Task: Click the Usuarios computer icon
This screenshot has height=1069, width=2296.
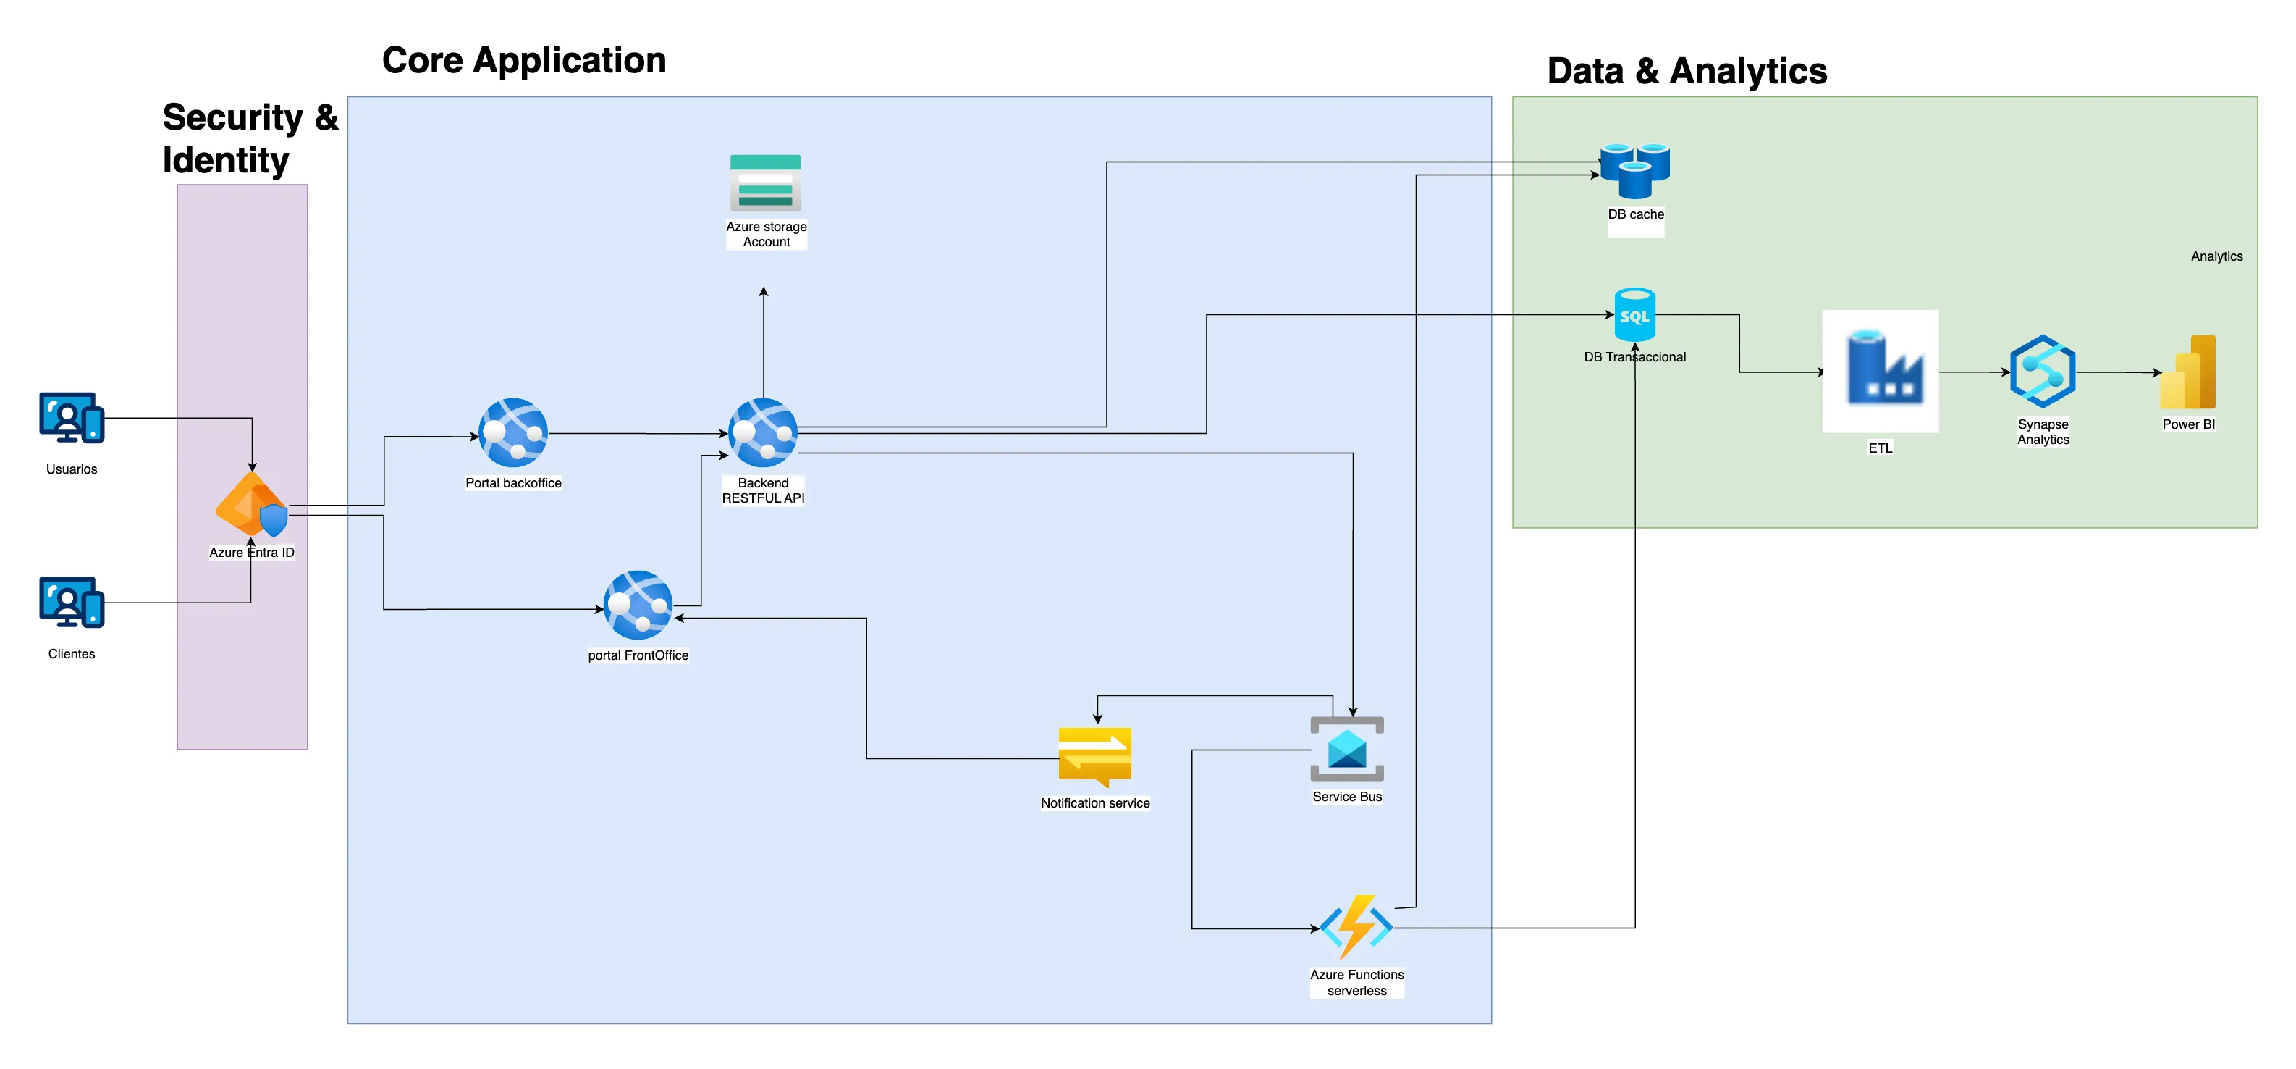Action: tap(72, 417)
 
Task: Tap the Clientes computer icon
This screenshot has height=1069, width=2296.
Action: tap(72, 602)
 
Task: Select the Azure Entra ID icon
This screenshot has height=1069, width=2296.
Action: tap(252, 505)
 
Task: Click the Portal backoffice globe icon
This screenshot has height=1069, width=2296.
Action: tap(512, 432)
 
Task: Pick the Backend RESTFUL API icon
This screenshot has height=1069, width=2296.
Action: tap(763, 432)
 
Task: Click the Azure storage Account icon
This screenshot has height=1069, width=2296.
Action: tap(765, 183)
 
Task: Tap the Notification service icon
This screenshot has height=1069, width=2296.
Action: tap(1094, 756)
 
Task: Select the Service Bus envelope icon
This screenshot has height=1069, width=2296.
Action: tap(1347, 749)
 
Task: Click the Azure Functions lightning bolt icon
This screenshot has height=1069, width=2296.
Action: tap(1356, 927)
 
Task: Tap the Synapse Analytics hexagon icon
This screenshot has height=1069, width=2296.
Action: tap(2042, 372)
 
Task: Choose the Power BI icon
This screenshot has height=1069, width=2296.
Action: tap(2189, 373)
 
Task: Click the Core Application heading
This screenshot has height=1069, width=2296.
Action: tap(524, 61)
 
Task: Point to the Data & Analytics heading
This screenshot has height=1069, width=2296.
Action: tap(1687, 71)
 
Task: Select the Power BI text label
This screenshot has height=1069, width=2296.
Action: tap(2188, 424)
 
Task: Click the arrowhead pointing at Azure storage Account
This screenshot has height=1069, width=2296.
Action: tap(764, 293)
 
